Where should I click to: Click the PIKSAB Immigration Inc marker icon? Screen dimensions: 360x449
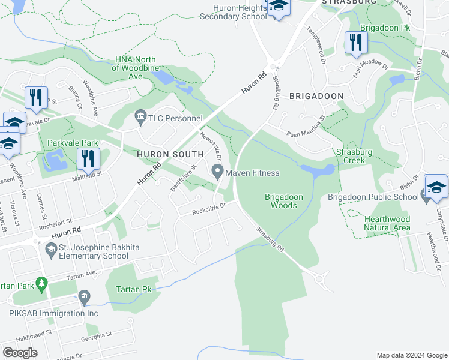[84, 296]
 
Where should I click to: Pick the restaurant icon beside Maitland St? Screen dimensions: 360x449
[88, 158]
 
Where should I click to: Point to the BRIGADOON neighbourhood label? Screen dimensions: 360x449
[316, 96]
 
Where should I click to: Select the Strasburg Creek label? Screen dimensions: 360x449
[360, 157]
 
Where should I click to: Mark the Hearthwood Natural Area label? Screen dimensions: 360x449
[387, 224]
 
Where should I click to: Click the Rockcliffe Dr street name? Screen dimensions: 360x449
[208, 209]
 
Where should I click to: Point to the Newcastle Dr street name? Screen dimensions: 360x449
[211, 146]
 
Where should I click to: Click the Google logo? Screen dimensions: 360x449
[20, 352]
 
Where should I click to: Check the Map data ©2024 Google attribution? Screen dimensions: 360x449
[411, 355]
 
